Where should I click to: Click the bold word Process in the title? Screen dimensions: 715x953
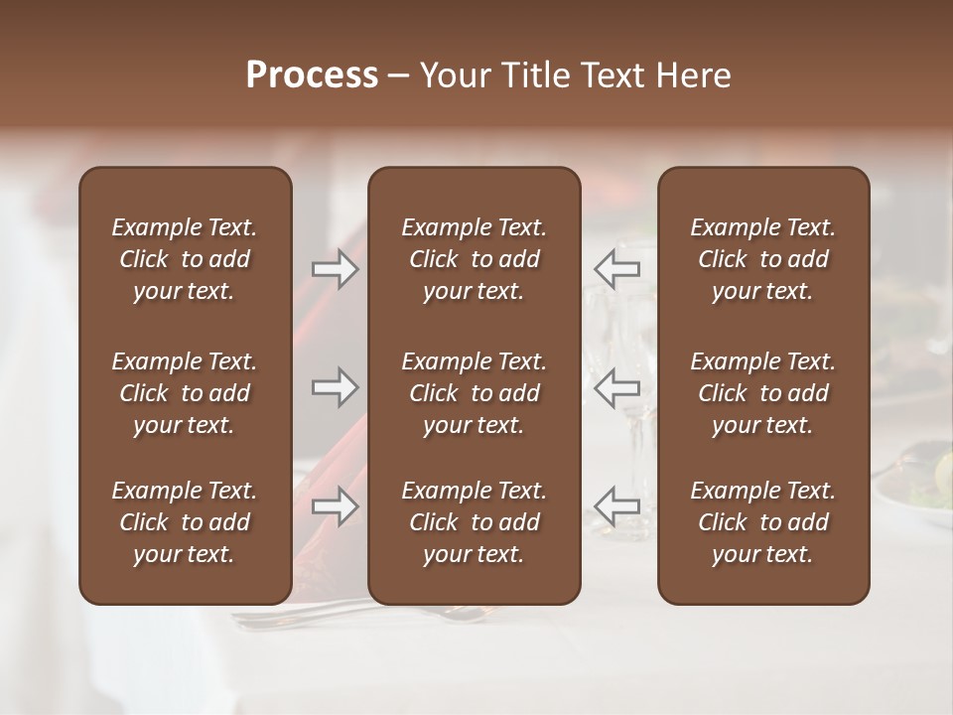pos(312,75)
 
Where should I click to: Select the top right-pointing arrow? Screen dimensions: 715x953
pos(336,269)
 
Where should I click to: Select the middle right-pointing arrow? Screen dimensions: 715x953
pos(336,387)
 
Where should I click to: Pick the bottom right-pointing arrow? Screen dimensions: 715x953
pos(336,506)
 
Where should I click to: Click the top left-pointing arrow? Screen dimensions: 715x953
pos(616,269)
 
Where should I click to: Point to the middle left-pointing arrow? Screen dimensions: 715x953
pos(616,387)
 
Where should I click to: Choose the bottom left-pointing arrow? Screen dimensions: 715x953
pos(616,506)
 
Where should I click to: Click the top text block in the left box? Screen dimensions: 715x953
pos(185,259)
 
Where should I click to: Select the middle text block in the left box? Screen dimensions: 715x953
pos(185,393)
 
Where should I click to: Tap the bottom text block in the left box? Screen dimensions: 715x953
pos(185,522)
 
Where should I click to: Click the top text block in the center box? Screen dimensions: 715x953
pos(474,259)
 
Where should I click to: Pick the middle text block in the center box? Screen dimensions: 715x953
pos(474,393)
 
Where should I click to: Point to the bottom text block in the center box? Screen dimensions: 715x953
pos(474,522)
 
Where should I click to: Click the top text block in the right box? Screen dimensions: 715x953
pos(762,259)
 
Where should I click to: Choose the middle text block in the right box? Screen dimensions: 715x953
pos(762,393)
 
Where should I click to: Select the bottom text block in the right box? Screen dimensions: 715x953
pos(762,522)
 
